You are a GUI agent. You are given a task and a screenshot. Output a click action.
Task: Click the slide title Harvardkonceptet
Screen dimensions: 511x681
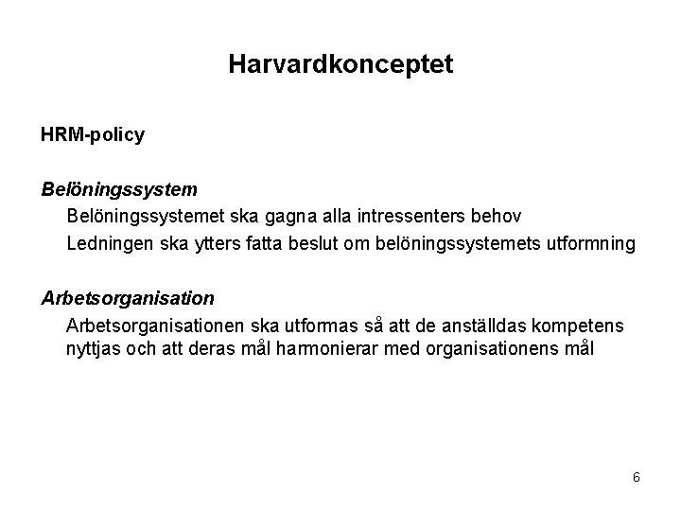tap(340, 64)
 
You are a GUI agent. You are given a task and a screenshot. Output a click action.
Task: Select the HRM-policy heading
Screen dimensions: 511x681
tap(93, 135)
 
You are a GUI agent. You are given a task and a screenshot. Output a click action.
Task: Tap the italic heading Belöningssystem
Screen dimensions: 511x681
tap(119, 190)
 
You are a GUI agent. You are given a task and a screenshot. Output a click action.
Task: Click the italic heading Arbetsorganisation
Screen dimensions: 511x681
tap(128, 298)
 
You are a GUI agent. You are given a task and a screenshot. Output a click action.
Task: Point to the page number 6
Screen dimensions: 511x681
tap(637, 477)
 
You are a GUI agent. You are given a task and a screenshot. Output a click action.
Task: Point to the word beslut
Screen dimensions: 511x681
tap(315, 244)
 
